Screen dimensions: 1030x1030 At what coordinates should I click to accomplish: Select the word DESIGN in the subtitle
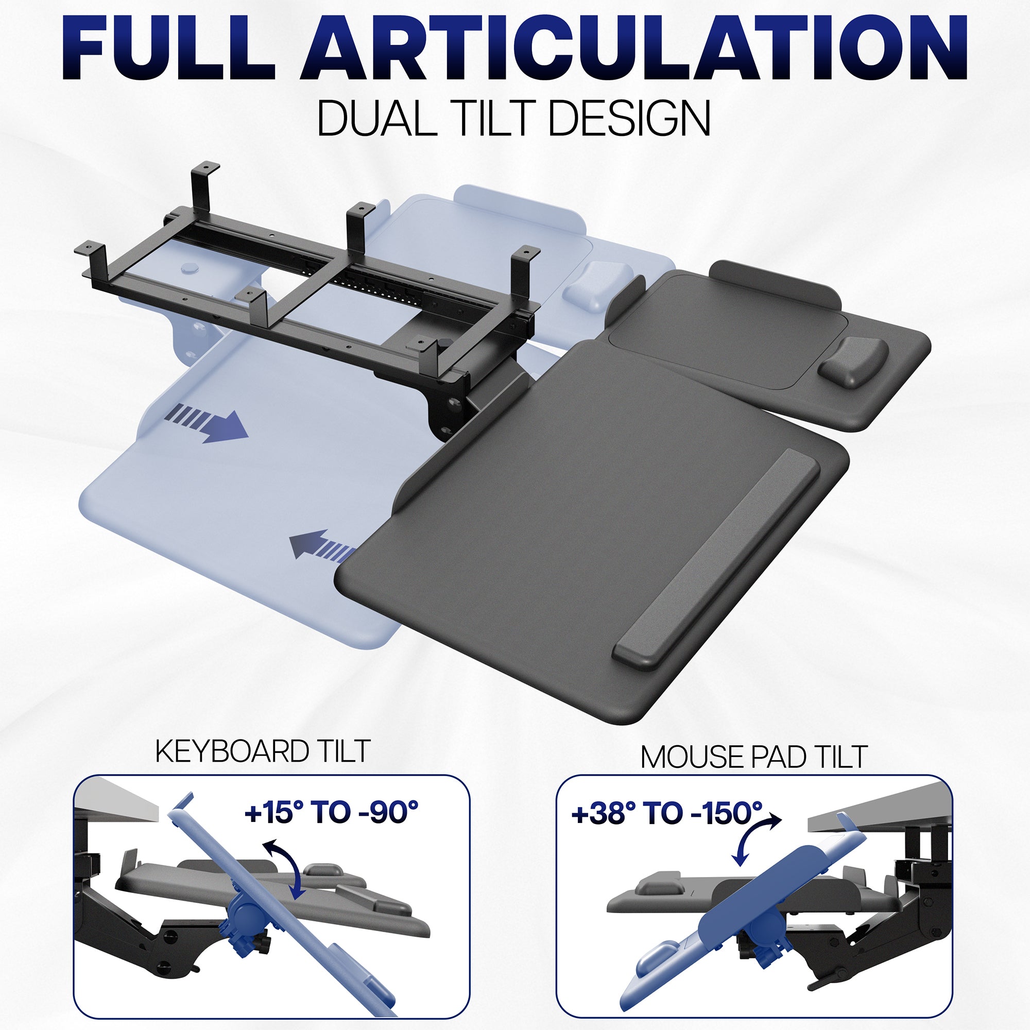pos(629,118)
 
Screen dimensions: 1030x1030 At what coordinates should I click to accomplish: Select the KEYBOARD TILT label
pos(262,751)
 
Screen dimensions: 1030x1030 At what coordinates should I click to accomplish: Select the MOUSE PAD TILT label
pos(754,757)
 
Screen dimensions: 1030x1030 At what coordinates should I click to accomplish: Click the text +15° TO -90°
pos(331,813)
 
